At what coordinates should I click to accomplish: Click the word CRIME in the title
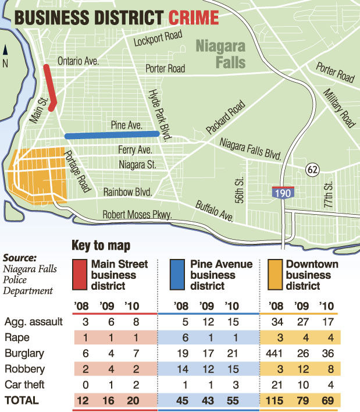click(x=194, y=16)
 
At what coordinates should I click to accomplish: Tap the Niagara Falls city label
click(x=220, y=53)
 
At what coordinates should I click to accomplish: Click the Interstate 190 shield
click(x=280, y=193)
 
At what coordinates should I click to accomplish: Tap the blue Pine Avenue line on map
click(x=112, y=135)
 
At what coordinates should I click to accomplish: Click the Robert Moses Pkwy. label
click(x=137, y=215)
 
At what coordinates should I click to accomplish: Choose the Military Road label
click(x=340, y=105)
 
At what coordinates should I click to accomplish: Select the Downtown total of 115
click(x=277, y=400)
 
